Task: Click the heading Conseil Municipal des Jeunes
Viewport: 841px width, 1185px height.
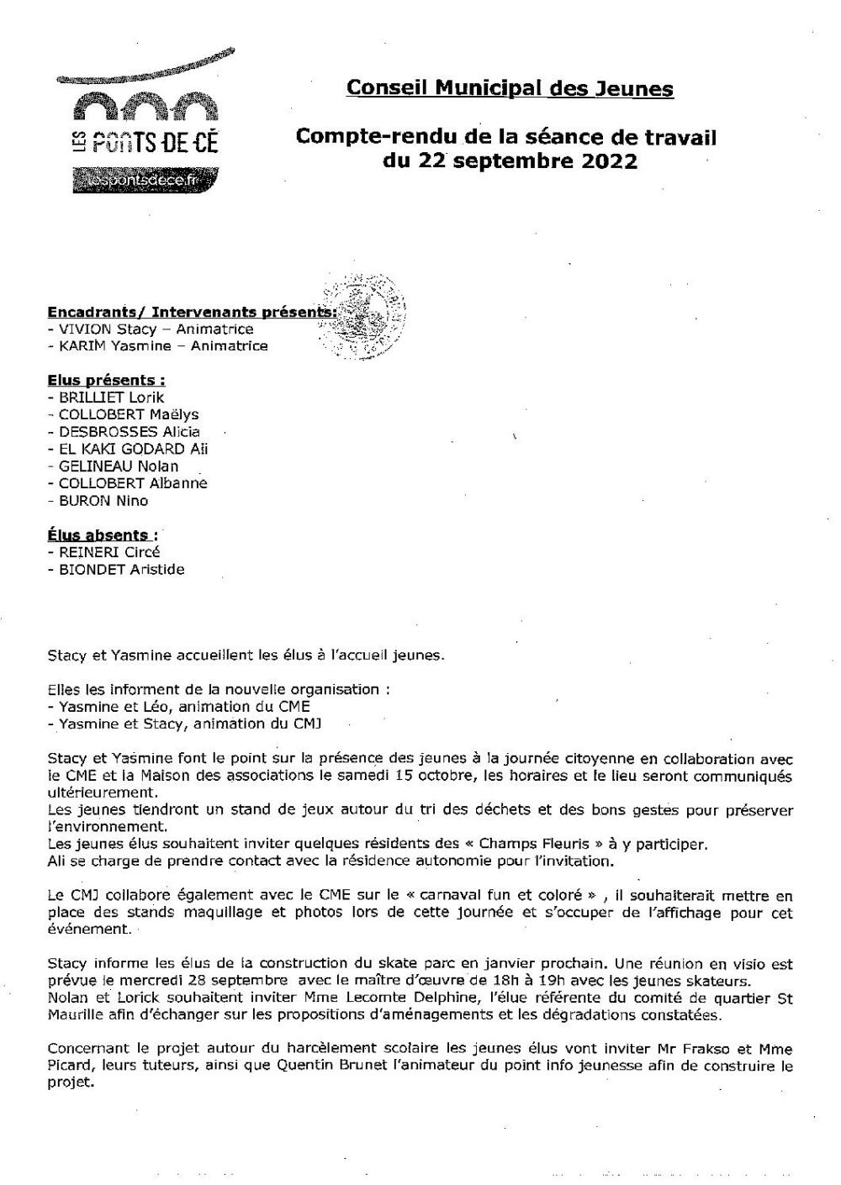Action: coord(510,88)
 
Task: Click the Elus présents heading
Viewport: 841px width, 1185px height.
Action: coord(106,381)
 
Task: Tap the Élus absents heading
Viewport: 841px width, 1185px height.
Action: coord(102,535)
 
